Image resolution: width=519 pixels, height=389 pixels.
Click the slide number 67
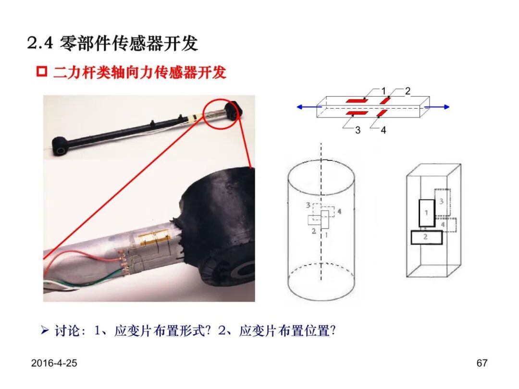tap(482, 363)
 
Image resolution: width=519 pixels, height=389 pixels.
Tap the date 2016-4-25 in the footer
tap(54, 363)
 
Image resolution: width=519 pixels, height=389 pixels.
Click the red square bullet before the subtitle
tap(42, 72)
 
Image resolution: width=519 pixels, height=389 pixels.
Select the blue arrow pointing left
tap(309, 107)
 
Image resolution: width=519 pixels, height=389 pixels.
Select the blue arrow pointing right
tap(437, 107)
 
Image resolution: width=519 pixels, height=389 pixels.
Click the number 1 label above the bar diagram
tap(383, 91)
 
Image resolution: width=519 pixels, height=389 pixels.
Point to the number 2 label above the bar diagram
tap(408, 91)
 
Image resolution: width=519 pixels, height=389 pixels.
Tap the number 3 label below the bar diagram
tap(358, 130)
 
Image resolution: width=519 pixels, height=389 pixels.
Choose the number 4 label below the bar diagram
tap(383, 130)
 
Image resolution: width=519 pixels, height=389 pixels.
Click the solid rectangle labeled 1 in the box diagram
tap(427, 213)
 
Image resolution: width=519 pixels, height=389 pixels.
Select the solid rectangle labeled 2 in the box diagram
tap(426, 237)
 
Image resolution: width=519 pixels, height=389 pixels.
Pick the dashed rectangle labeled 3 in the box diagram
tap(442, 202)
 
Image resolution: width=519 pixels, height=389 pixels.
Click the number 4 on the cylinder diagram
tap(339, 211)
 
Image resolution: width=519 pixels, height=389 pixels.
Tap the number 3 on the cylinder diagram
tap(308, 206)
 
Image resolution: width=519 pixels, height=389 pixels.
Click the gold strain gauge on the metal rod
tap(153, 238)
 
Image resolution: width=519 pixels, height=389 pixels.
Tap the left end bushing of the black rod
tap(60, 146)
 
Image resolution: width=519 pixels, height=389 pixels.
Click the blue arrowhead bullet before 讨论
tap(45, 330)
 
